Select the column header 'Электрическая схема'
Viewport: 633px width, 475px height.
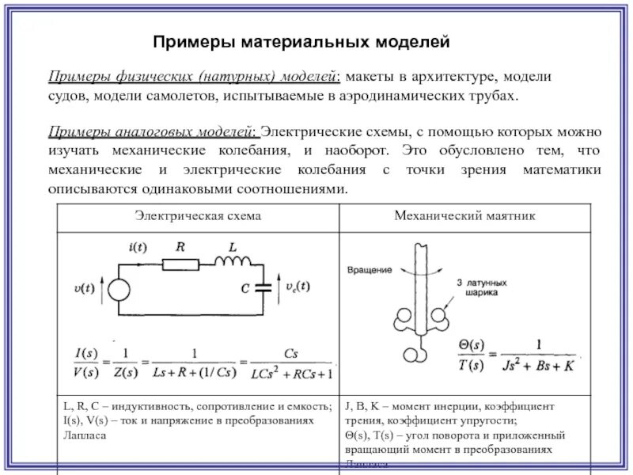(x=198, y=216)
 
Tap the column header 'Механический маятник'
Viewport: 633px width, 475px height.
(x=465, y=216)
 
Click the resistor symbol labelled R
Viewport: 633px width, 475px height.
(x=181, y=263)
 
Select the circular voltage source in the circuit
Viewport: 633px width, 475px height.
(x=119, y=289)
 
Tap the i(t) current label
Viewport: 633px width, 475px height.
(x=138, y=247)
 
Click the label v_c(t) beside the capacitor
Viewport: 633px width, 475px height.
(x=299, y=287)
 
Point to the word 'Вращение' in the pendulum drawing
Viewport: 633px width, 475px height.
(x=366, y=270)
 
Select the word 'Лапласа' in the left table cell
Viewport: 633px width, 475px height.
(x=81, y=435)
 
